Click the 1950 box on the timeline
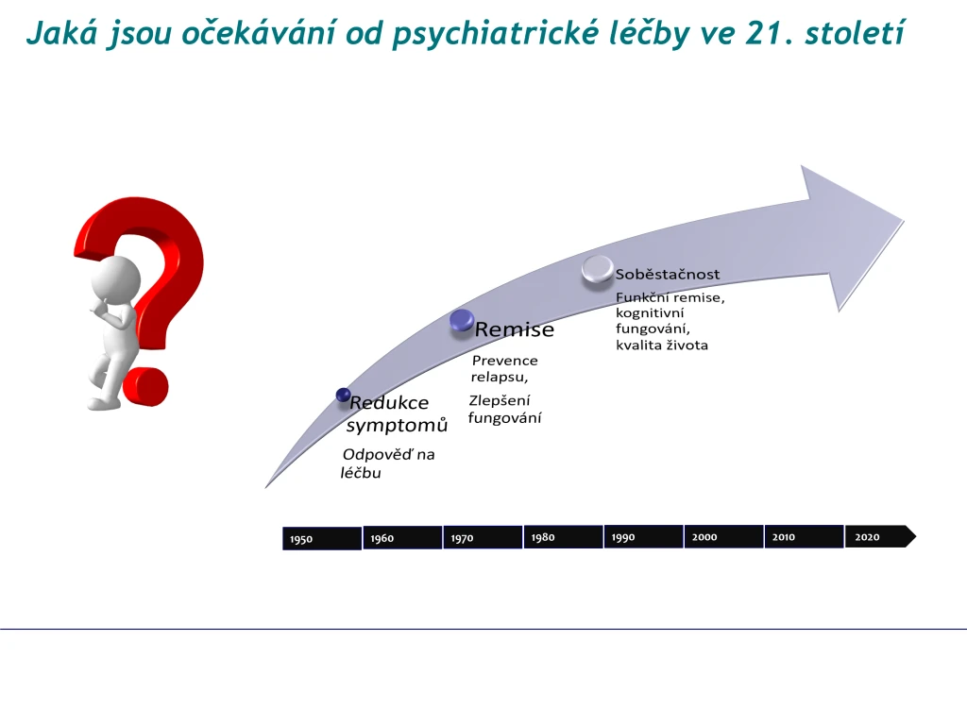(322, 538)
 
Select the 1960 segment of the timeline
(402, 537)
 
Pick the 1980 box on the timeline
(563, 537)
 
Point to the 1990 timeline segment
(643, 536)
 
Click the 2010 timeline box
(804, 536)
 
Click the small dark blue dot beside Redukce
(344, 396)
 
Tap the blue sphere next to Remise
(462, 321)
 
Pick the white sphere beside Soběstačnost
(598, 269)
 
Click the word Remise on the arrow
(515, 329)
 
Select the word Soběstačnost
(668, 275)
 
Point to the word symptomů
(397, 426)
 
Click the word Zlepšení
(500, 400)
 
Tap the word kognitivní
(650, 313)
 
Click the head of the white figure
(116, 280)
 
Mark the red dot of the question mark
(145, 387)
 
